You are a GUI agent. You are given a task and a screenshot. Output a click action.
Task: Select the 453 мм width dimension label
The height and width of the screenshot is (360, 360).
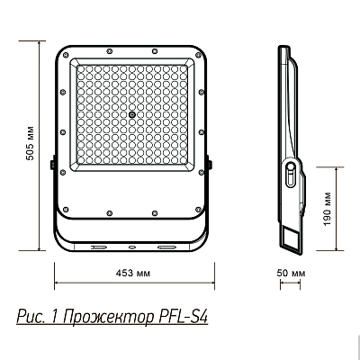tap(133, 271)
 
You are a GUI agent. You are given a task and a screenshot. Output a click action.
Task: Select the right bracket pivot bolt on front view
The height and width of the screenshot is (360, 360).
tap(211, 164)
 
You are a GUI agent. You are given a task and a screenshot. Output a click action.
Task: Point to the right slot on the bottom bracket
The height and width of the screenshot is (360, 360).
tap(166, 245)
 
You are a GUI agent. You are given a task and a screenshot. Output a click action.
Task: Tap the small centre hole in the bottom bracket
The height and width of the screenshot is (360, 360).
tap(133, 245)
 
